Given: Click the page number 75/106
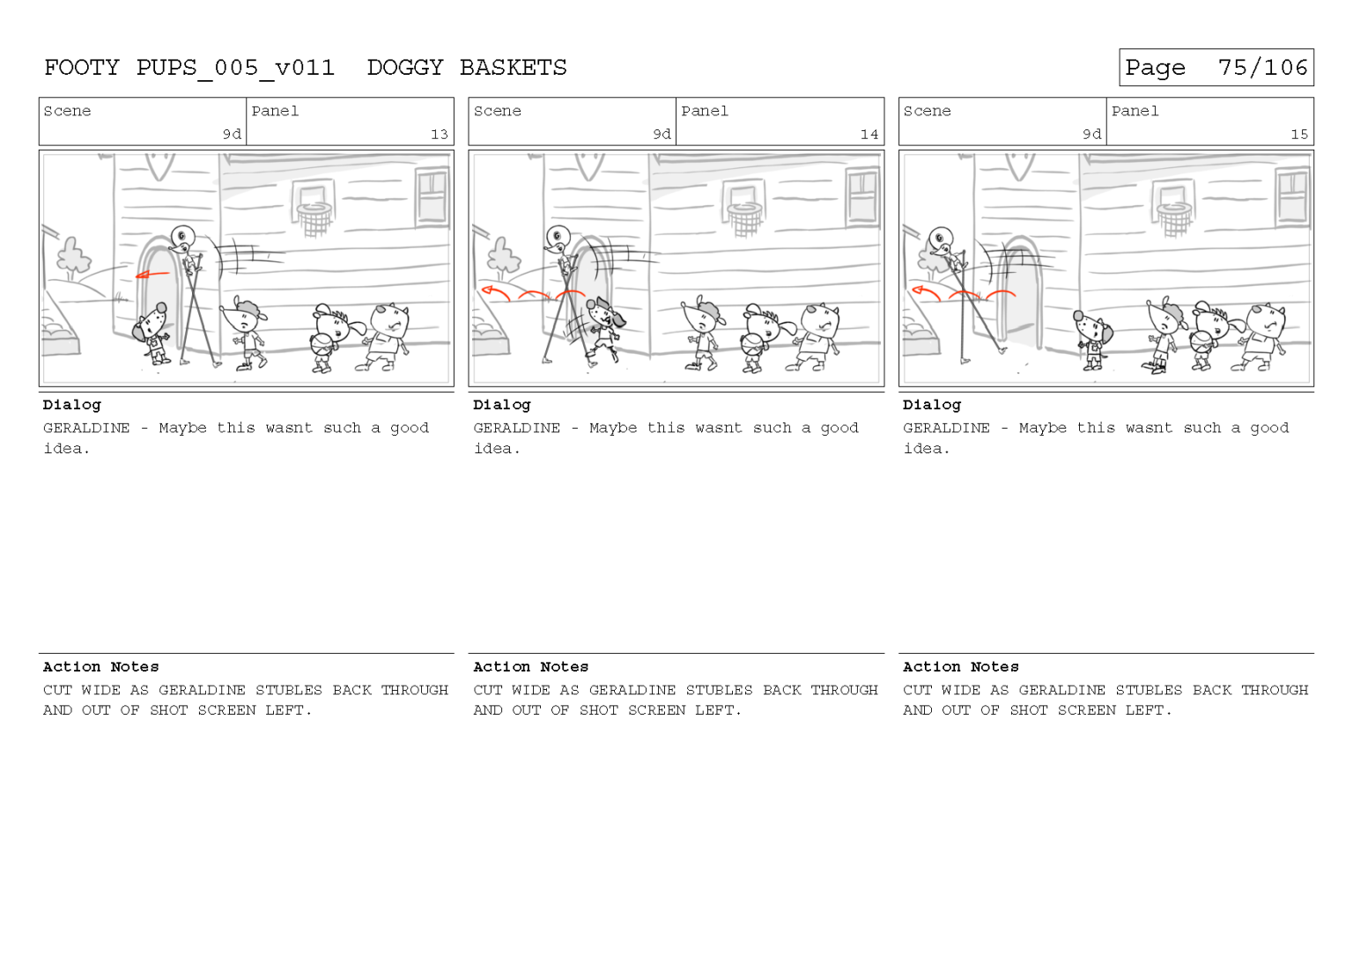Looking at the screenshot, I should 1262,68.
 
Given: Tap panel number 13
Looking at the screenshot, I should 439,135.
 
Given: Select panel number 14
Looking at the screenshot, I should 869,135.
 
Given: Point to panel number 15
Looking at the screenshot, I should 1298,135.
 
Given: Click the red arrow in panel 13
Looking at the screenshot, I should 152,275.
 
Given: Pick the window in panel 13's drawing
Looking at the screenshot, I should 432,195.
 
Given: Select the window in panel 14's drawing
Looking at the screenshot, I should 861,195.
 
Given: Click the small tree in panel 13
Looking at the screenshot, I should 72,257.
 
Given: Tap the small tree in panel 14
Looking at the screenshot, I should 502,257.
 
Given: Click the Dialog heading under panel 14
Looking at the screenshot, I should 501,405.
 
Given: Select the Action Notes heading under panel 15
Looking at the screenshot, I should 960,667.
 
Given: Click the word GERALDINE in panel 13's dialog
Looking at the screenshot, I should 86,429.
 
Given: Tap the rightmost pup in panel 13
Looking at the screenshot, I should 386,334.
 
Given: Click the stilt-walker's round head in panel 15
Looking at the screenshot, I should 940,238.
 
